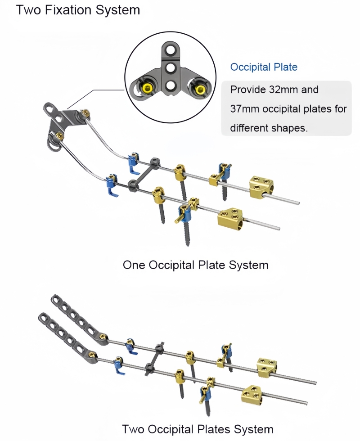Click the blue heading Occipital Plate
pyautogui.click(x=264, y=67)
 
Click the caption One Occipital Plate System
pyautogui.click(x=195, y=265)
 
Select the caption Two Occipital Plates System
pyautogui.click(x=198, y=429)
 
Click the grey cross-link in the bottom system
pyautogui.click(x=153, y=360)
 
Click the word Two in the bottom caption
pyautogui.click(x=133, y=429)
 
